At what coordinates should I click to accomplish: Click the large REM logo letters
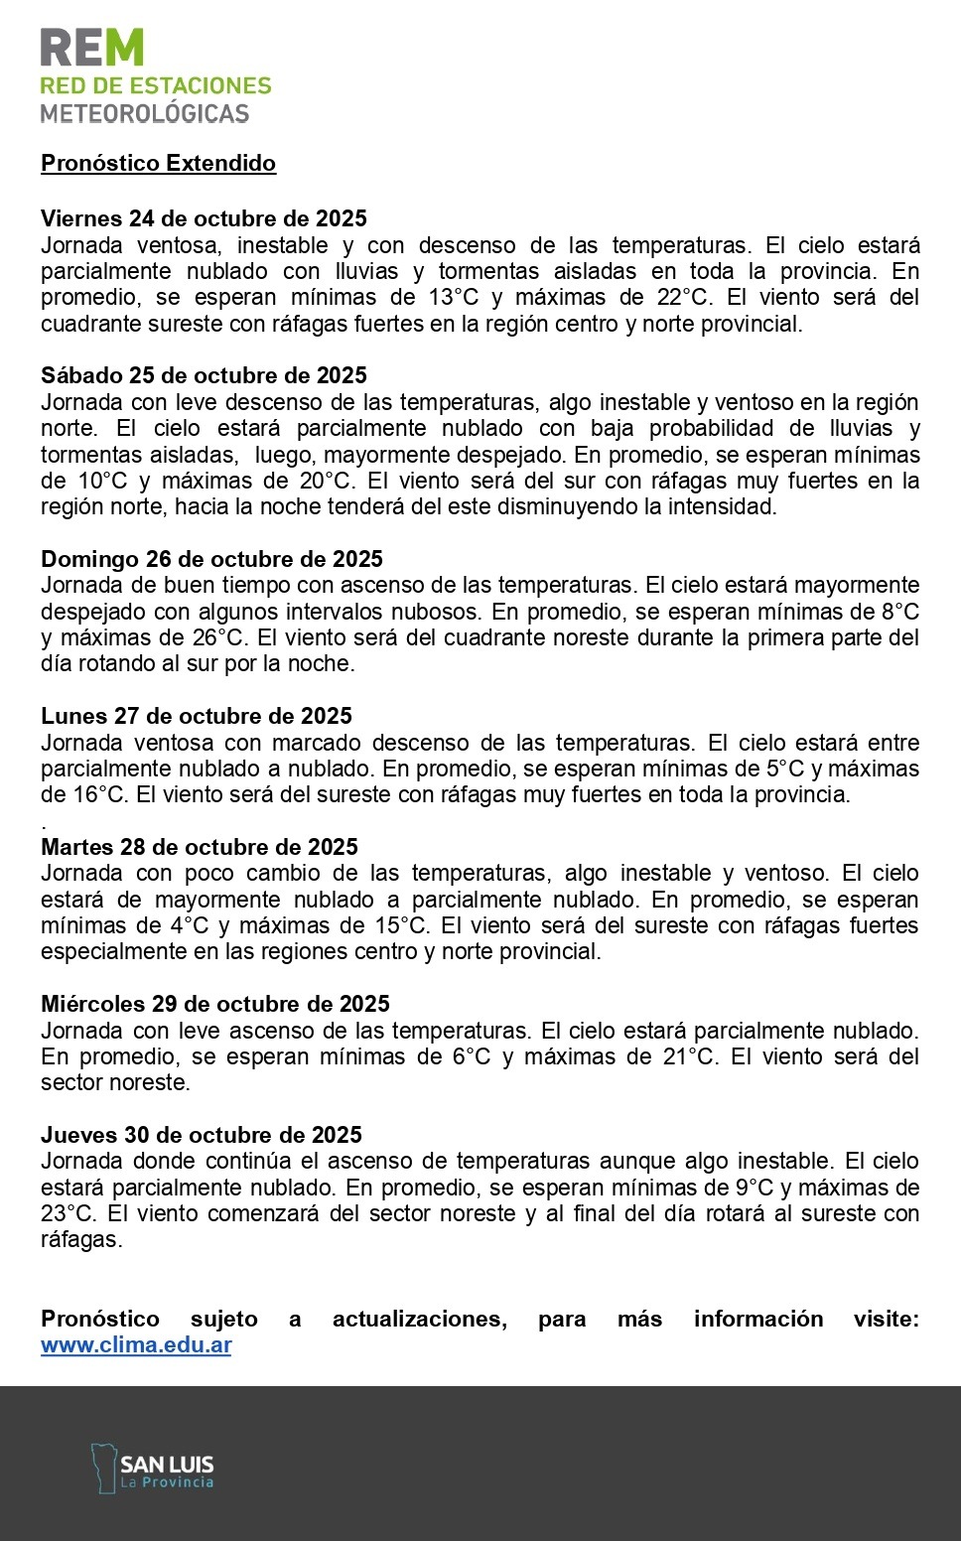pyautogui.click(x=92, y=48)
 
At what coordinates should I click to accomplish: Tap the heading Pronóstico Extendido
pyautogui.click(x=158, y=164)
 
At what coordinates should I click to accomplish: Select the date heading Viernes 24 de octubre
pyautogui.click(x=204, y=218)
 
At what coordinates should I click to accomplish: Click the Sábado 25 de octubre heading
pyautogui.click(x=204, y=375)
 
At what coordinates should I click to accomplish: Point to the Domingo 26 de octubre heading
pyautogui.click(x=211, y=559)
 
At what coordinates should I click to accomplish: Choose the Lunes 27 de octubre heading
pyautogui.click(x=197, y=716)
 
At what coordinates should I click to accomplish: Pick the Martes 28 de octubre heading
pyautogui.click(x=200, y=847)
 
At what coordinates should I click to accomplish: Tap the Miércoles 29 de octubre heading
pyautogui.click(x=215, y=1004)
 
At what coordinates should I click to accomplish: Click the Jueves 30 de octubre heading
pyautogui.click(x=202, y=1135)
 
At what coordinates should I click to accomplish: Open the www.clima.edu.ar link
pyautogui.click(x=136, y=1345)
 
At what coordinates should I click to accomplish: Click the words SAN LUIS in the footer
pyautogui.click(x=167, y=1465)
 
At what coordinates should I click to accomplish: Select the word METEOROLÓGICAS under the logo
pyautogui.click(x=145, y=114)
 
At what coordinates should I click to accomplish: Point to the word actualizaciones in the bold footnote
pyautogui.click(x=419, y=1319)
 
